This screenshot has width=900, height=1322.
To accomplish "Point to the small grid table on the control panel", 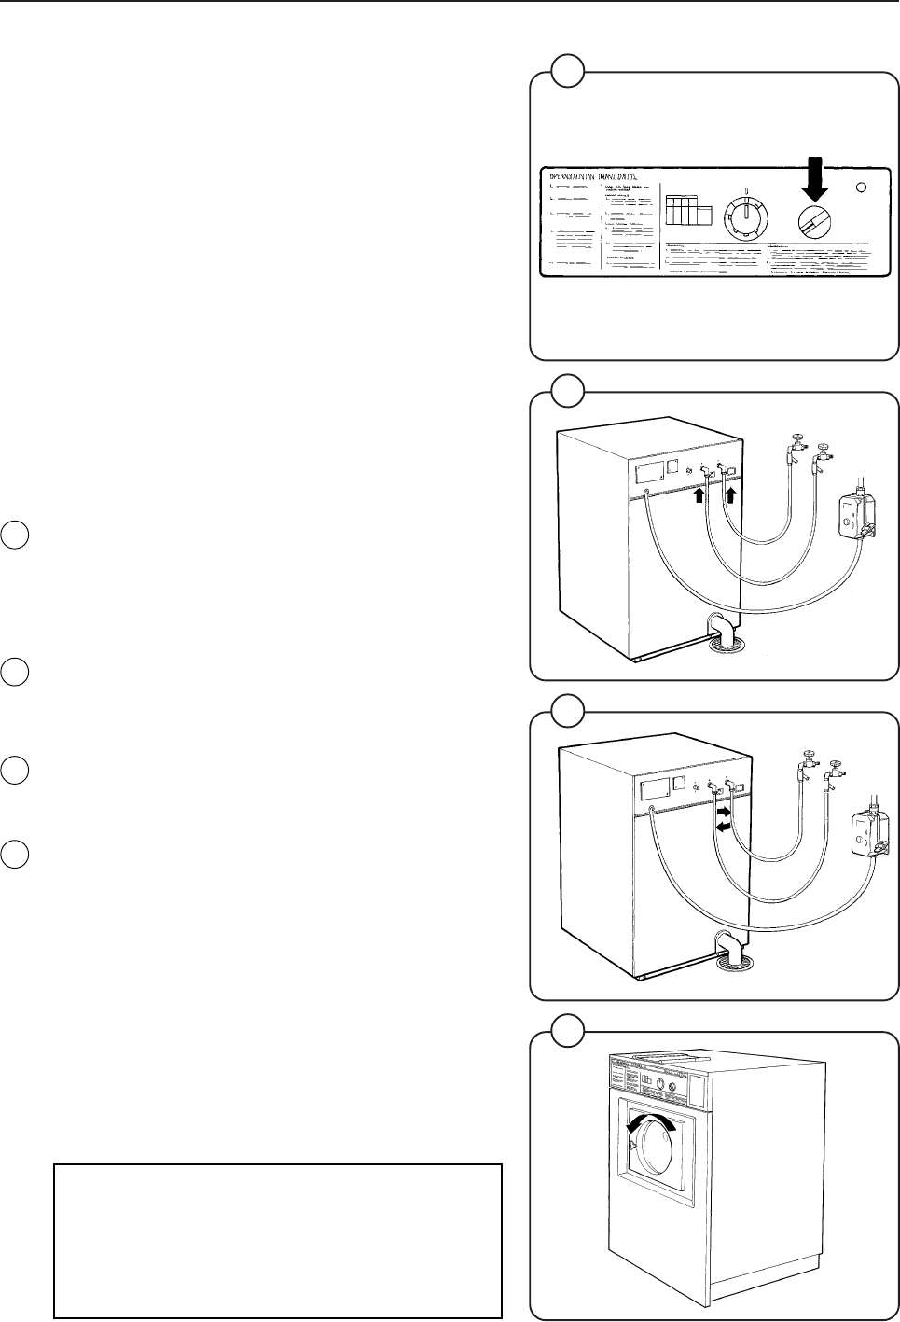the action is coord(687,210).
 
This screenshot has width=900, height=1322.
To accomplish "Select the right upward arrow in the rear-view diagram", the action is coord(729,494).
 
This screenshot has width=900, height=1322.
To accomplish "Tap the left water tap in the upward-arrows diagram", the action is coord(794,447).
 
